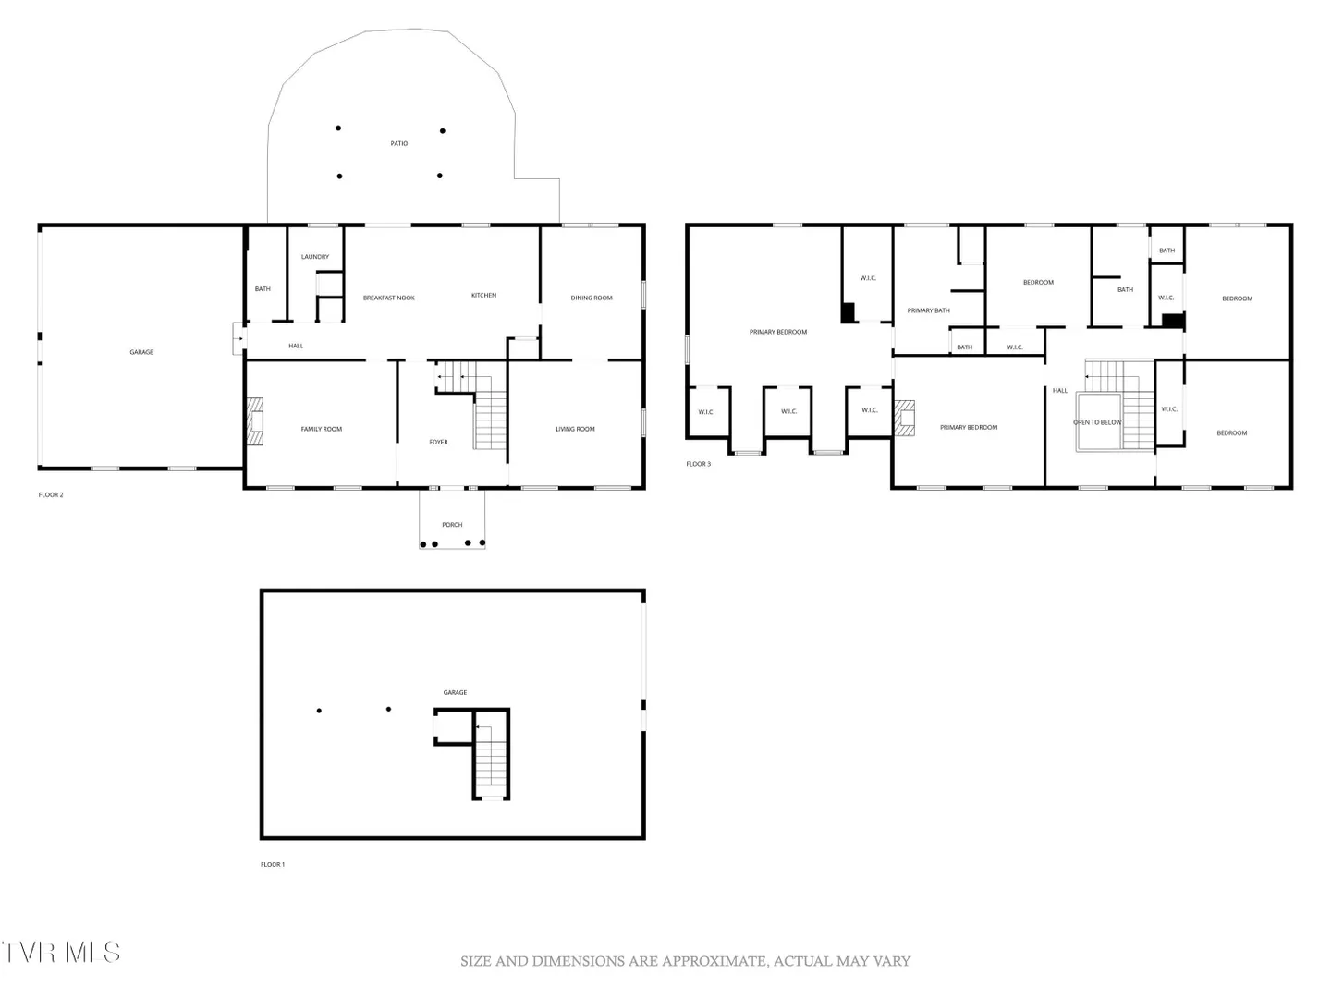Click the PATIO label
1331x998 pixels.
click(x=399, y=143)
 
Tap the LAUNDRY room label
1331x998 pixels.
click(x=315, y=256)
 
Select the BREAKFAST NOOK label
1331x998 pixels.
click(x=389, y=298)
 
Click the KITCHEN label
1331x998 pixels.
click(x=484, y=295)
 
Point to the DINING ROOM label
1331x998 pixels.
click(x=592, y=298)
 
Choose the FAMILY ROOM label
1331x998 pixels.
click(x=322, y=429)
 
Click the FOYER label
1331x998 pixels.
click(x=438, y=442)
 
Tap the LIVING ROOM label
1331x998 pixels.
click(x=575, y=429)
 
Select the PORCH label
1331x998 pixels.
click(x=452, y=525)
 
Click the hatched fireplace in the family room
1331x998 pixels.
click(x=255, y=421)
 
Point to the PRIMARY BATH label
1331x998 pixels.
click(x=928, y=310)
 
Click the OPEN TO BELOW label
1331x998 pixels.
click(x=1097, y=422)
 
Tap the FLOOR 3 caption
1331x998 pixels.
click(x=698, y=464)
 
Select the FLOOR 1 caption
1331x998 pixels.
click(x=273, y=864)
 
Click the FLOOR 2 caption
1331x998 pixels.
click(x=51, y=494)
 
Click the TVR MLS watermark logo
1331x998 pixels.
click(x=60, y=952)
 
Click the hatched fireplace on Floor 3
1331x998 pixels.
click(x=904, y=418)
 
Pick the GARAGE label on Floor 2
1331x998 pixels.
click(x=141, y=352)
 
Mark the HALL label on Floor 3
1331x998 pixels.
click(x=1060, y=390)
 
